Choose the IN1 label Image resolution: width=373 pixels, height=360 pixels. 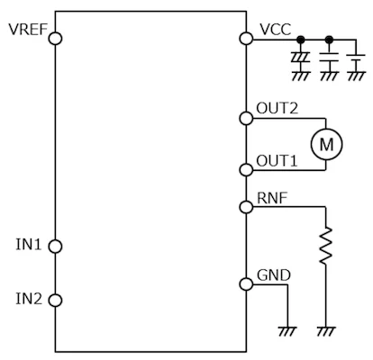(30, 245)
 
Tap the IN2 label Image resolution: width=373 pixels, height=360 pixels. (30, 299)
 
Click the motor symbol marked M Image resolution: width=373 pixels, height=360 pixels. (327, 142)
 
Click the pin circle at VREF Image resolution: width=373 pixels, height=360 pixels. (55, 39)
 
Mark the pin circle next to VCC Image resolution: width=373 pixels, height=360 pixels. (246, 39)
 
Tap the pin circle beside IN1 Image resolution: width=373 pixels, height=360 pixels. (55, 246)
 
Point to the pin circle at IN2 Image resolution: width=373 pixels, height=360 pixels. (55, 300)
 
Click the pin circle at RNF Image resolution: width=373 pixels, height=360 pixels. (246, 207)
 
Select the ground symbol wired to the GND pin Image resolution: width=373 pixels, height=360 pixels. (289, 331)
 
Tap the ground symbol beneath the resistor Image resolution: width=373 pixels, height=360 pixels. (327, 331)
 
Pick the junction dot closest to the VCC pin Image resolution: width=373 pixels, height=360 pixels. (300, 39)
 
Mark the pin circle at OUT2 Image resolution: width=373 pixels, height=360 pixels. (246, 117)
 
